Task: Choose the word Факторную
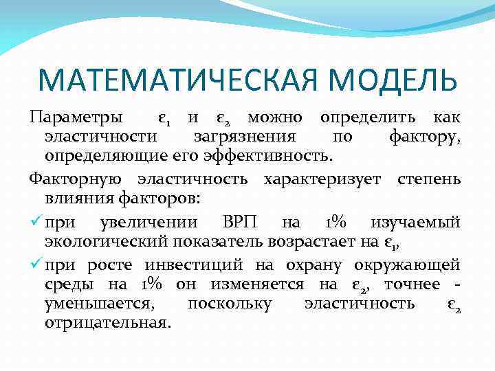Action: tap(76, 180)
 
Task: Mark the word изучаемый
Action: tap(415, 223)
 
